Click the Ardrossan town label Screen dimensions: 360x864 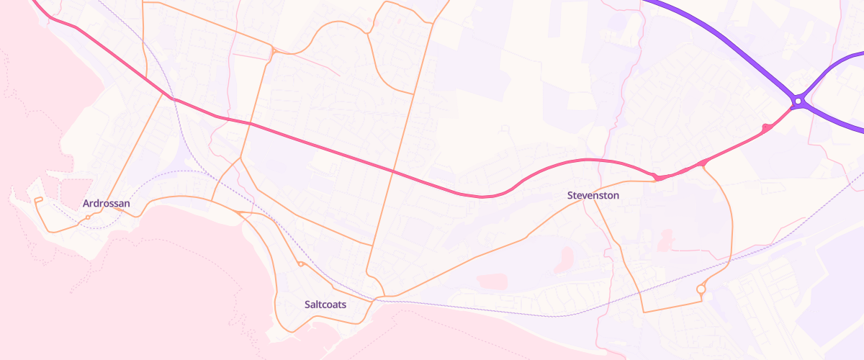click(107, 203)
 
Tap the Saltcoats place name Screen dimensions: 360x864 click(325, 305)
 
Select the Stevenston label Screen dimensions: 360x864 click(593, 195)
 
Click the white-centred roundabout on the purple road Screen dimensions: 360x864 click(798, 102)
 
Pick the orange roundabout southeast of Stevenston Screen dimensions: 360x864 click(701, 289)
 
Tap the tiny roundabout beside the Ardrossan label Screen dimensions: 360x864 click(88, 217)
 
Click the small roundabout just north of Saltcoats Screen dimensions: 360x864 click(300, 264)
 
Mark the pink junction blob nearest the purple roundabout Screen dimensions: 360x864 click(766, 128)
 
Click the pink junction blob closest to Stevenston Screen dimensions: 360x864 click(657, 177)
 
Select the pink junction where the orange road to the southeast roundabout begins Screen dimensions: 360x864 click(703, 164)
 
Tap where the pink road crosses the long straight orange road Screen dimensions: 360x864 click(393, 171)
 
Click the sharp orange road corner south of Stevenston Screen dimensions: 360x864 click(643, 311)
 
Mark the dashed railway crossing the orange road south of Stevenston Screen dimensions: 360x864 click(637, 297)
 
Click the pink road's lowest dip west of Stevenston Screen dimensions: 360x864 click(481, 196)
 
